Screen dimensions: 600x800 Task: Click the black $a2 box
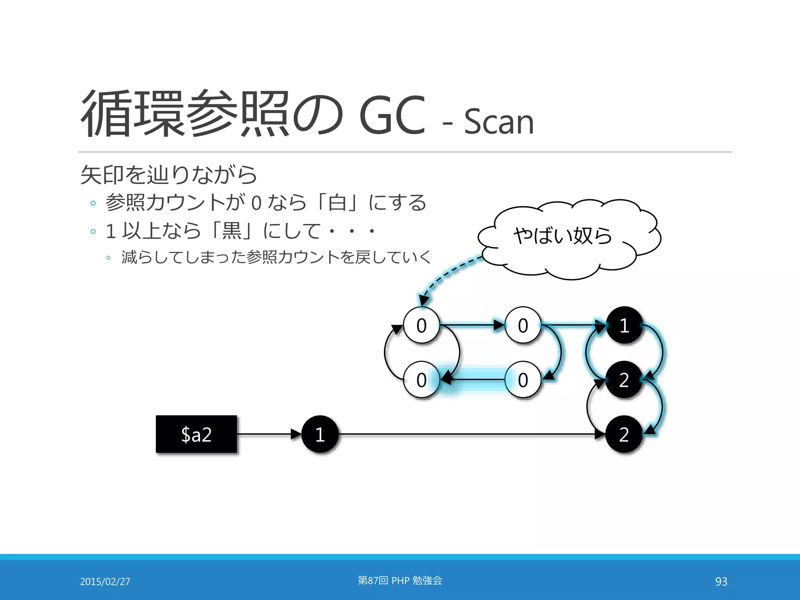(x=196, y=434)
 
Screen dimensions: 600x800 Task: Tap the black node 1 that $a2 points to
(x=320, y=434)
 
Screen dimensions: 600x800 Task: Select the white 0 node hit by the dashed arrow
(x=421, y=325)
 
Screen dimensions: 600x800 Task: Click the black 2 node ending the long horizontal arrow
(x=624, y=434)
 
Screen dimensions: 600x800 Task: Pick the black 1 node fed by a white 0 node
(x=624, y=325)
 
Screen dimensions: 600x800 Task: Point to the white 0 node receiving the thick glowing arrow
(x=421, y=380)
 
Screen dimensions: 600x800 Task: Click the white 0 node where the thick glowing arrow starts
(x=523, y=380)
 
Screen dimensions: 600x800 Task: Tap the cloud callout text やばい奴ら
(x=562, y=236)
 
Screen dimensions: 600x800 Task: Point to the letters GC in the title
(x=392, y=116)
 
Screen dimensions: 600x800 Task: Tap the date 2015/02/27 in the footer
(x=105, y=581)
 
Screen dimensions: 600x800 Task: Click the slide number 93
(x=721, y=581)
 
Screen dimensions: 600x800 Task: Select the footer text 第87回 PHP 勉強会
(x=400, y=580)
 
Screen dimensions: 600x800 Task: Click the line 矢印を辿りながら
(x=168, y=175)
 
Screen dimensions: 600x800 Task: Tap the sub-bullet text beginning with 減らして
(x=276, y=257)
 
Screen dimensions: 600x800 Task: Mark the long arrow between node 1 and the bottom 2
(x=469, y=434)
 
